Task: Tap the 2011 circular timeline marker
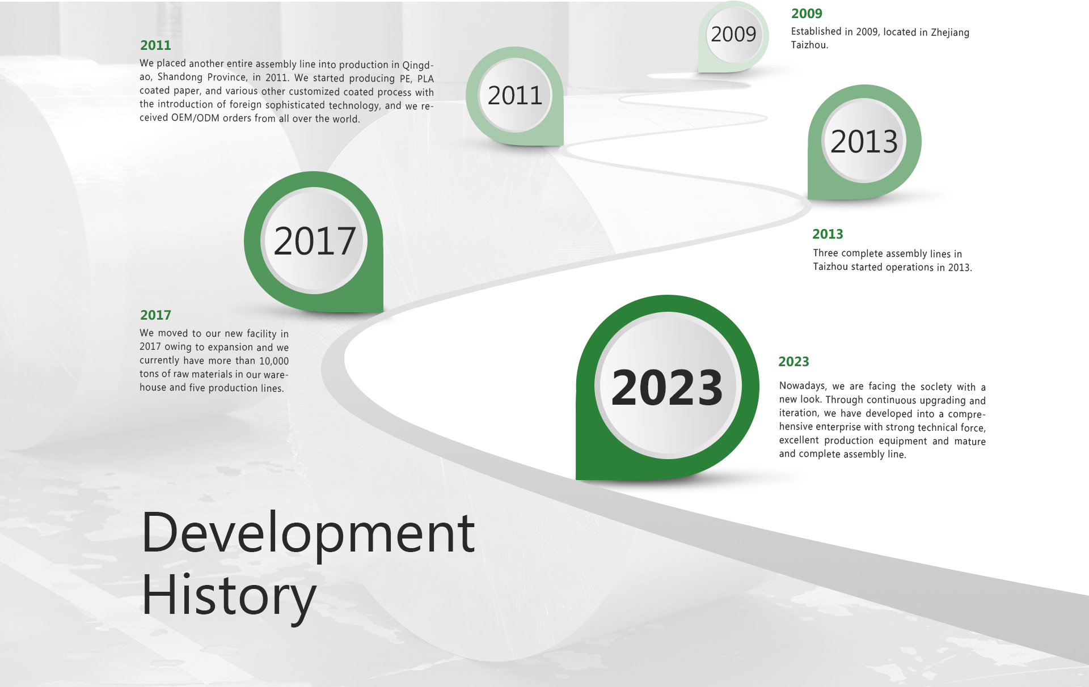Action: click(x=515, y=96)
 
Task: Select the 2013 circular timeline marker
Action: click(x=864, y=142)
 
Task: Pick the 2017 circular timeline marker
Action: click(x=314, y=241)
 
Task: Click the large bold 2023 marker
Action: click(x=668, y=387)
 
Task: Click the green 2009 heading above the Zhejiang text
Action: click(x=807, y=14)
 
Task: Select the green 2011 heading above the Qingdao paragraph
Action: click(x=155, y=45)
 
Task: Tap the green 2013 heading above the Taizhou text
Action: click(x=828, y=234)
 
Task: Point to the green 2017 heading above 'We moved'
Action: click(x=155, y=315)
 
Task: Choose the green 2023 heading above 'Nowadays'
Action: click(x=793, y=362)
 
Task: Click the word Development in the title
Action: click(x=308, y=533)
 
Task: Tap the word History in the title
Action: click(x=229, y=597)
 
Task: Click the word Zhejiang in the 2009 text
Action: click(x=950, y=32)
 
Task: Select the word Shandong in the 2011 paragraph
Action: click(x=180, y=77)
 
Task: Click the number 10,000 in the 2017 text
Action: click(x=274, y=361)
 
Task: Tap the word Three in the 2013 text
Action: click(x=825, y=253)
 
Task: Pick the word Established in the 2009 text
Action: click(x=816, y=32)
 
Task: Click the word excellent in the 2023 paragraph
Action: click(x=799, y=440)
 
